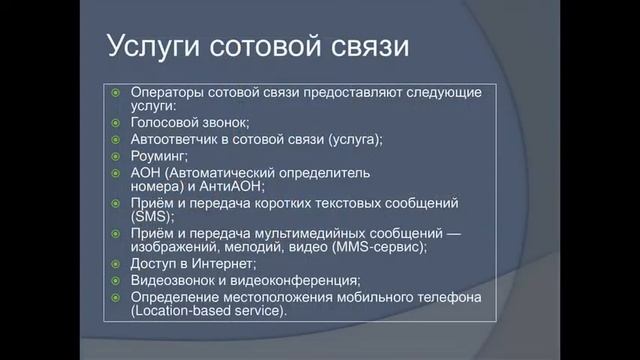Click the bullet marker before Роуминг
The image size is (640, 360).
(115, 156)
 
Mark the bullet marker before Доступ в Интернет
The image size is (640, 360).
(115, 263)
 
